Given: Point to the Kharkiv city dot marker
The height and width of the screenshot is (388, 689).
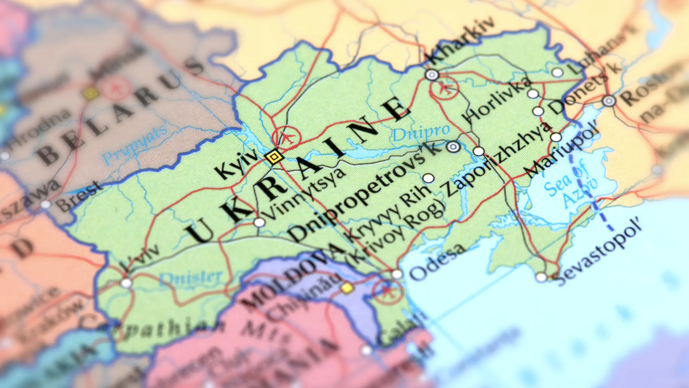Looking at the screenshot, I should (x=432, y=75).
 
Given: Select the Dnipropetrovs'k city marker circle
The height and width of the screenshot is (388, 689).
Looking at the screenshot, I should (x=453, y=147).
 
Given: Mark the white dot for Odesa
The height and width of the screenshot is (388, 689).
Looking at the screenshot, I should (x=397, y=274).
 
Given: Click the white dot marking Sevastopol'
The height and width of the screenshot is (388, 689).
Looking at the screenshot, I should (x=541, y=277).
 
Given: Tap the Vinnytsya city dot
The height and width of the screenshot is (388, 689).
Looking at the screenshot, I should (x=259, y=223).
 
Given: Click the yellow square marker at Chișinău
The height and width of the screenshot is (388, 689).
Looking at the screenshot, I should (x=347, y=288).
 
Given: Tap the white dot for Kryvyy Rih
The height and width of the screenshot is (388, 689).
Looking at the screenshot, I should (x=428, y=178).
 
